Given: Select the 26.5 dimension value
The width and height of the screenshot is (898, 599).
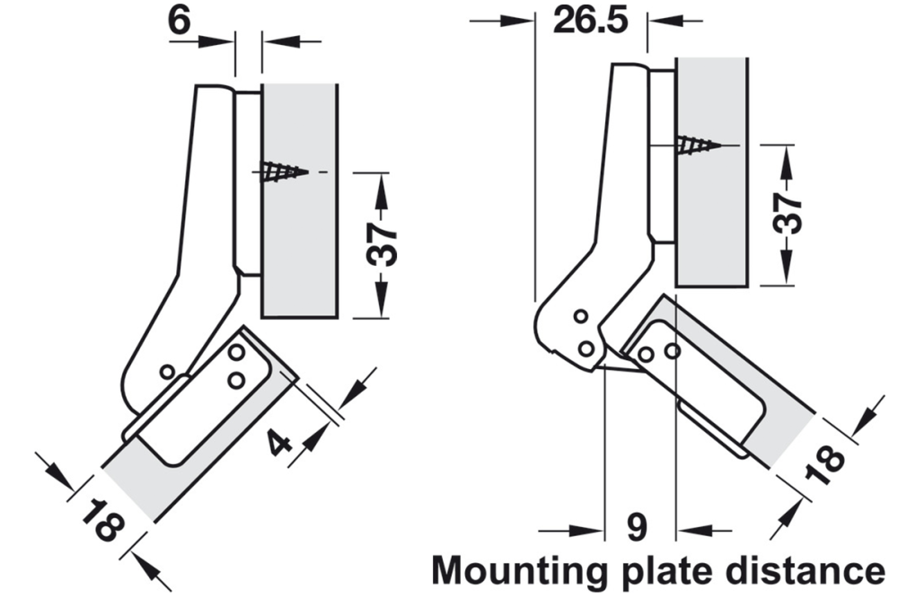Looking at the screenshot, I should (590, 20).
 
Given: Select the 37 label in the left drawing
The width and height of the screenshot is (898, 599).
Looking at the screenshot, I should (383, 243).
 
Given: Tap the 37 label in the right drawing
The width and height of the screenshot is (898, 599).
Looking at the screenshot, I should (788, 213).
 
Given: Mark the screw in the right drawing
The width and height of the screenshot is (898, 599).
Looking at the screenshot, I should (697, 145).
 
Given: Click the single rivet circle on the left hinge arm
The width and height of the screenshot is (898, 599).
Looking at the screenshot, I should (166, 371).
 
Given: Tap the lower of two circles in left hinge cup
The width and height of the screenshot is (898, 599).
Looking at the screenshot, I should (235, 381).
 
